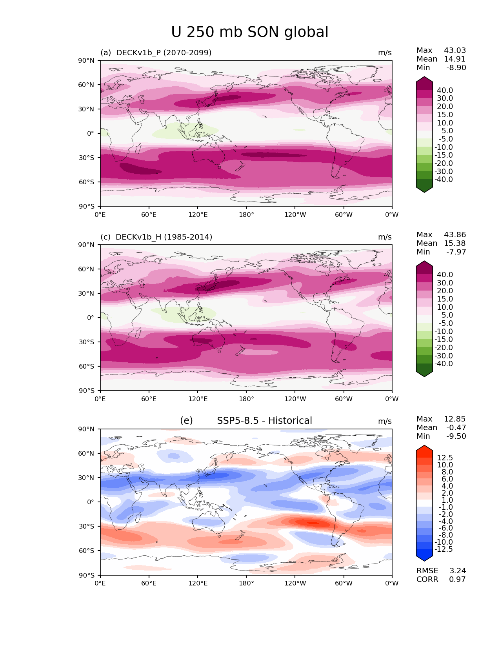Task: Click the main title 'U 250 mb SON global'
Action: (250, 32)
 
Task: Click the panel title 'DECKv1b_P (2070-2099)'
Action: (164, 53)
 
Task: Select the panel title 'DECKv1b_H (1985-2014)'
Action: (164, 237)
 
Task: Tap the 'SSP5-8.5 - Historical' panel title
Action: (264, 421)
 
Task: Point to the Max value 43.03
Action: (455, 50)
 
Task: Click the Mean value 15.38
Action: (455, 243)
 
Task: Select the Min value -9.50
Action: (456, 436)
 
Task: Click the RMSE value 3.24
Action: (458, 571)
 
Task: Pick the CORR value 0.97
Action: (457, 579)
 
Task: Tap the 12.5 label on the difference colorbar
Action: (445, 458)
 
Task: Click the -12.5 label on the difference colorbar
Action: (444, 549)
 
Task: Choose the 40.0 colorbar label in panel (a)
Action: (445, 90)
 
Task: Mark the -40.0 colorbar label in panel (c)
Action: (444, 363)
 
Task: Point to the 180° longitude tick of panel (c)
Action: (246, 399)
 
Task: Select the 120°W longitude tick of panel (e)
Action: (295, 583)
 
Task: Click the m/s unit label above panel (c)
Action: (385, 237)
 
